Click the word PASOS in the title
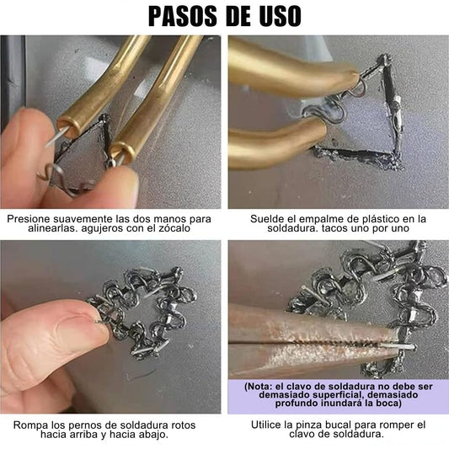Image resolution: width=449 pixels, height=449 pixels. click(183, 16)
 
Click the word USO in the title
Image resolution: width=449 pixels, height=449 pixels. click(280, 16)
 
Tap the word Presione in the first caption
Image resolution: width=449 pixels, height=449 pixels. click(28, 219)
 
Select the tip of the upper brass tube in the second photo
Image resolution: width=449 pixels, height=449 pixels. click(353, 78)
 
